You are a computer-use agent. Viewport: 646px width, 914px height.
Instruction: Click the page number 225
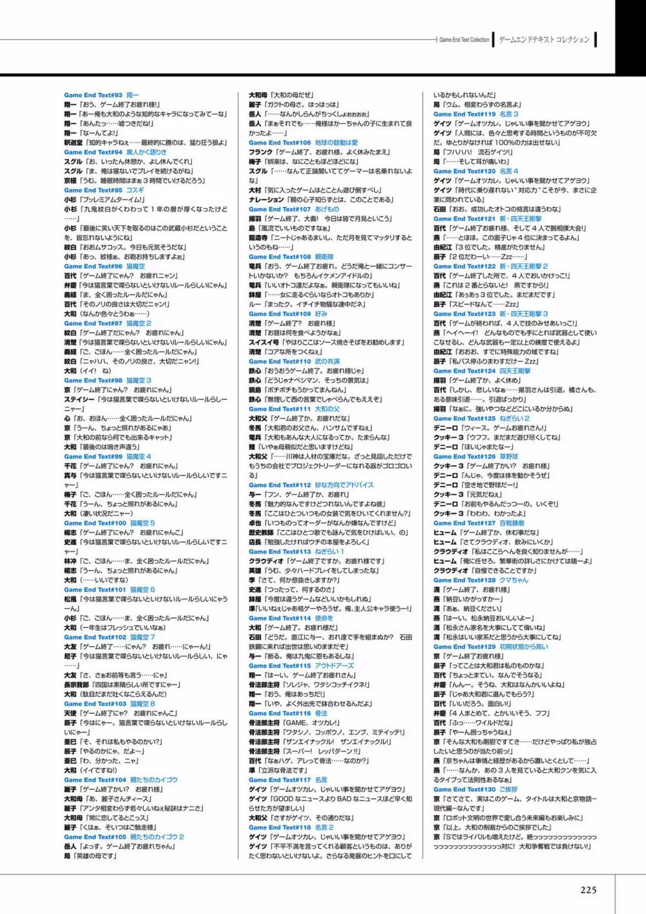[x=588, y=889]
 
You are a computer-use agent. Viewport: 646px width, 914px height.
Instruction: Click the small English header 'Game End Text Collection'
[x=464, y=40]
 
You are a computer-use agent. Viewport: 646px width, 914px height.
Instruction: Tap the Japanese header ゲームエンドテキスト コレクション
[x=544, y=40]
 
